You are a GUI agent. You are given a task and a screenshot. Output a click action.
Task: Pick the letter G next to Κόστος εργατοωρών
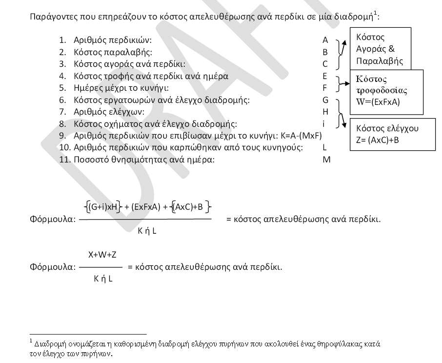click(x=325, y=100)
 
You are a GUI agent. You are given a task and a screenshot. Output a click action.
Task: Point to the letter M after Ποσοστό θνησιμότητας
click(x=326, y=160)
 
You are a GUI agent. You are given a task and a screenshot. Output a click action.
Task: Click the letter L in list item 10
click(x=325, y=147)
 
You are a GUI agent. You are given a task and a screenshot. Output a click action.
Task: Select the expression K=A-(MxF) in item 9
click(x=299, y=136)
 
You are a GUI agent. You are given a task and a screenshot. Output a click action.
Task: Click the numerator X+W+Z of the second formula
click(x=102, y=255)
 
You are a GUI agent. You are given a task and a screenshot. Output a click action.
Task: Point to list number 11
click(x=63, y=160)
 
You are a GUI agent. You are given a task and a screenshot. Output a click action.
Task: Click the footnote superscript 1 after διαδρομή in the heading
click(x=375, y=12)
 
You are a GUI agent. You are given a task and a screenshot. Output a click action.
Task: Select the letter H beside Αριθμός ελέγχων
click(x=325, y=112)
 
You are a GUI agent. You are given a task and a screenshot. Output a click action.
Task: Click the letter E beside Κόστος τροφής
click(x=325, y=76)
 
